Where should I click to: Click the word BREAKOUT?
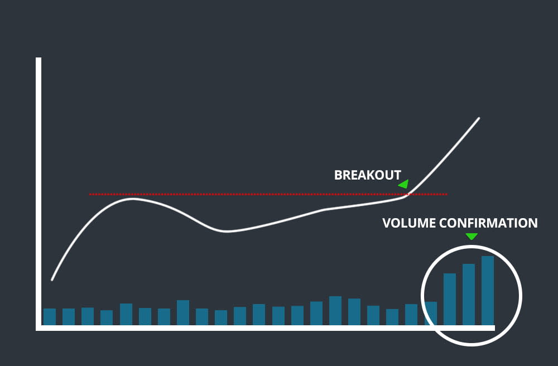tap(367, 175)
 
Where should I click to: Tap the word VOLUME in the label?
tap(409, 223)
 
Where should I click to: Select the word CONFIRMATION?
tap(488, 223)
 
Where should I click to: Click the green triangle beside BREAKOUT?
tap(404, 184)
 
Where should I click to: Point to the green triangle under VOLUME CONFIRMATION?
tap(472, 237)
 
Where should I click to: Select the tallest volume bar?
tap(488, 290)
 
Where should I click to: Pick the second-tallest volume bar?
tap(469, 294)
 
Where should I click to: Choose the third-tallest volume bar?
tap(450, 299)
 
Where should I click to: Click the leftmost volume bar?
tap(50, 316)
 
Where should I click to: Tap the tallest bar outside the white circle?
tap(335, 311)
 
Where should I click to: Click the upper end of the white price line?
tap(479, 118)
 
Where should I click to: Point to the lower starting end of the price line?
tap(52, 280)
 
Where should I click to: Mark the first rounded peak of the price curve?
tap(133, 199)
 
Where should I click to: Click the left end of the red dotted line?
tap(90, 194)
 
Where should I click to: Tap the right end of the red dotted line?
tap(447, 194)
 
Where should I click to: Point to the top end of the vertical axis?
tap(39, 59)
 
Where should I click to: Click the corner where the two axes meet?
tap(39, 328)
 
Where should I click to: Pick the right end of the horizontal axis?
tap(493, 328)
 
